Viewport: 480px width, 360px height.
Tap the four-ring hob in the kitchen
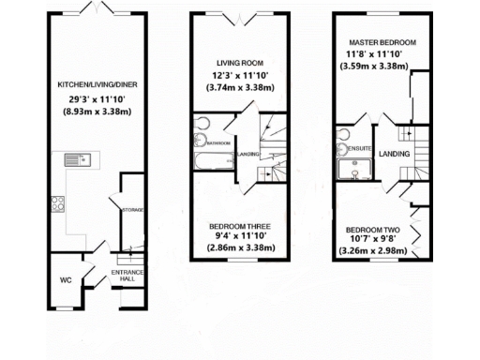(55, 202)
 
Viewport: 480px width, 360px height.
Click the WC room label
(65, 279)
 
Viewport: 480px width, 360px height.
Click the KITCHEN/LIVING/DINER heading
(91, 83)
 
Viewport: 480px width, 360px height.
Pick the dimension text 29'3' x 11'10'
(91, 97)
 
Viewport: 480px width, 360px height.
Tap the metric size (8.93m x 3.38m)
(91, 110)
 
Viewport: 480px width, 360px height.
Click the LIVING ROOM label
(237, 63)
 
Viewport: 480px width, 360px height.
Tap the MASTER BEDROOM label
(382, 43)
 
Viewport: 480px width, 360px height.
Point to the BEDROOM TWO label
(373, 230)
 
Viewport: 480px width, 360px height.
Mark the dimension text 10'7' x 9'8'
(373, 240)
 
